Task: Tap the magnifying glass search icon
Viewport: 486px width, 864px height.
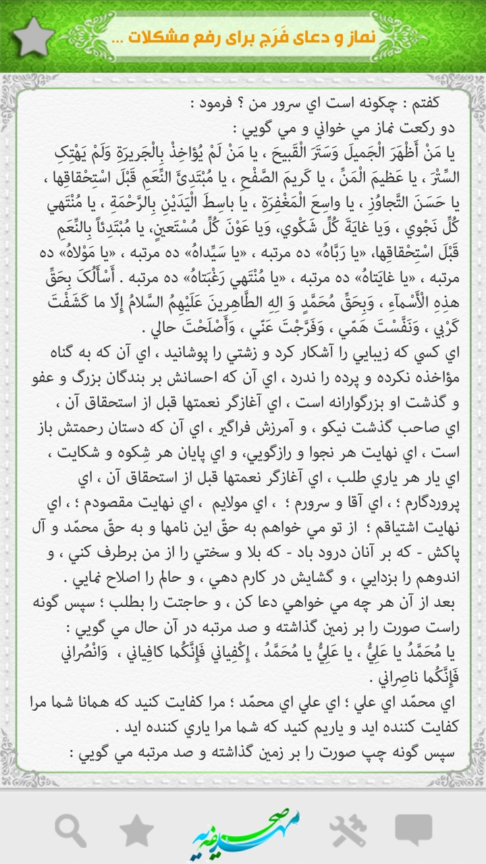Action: point(70,829)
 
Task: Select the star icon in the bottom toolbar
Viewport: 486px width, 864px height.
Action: point(136,829)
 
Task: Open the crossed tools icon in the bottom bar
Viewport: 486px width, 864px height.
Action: point(348,829)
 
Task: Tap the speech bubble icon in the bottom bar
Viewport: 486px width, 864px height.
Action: point(413,829)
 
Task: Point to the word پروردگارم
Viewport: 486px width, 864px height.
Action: point(427,502)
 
